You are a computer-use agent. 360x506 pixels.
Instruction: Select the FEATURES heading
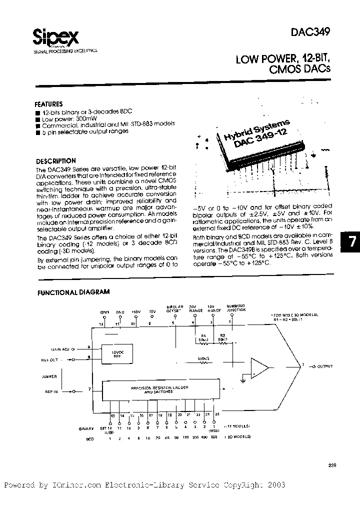click(48, 104)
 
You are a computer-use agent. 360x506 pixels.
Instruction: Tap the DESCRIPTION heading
click(56, 161)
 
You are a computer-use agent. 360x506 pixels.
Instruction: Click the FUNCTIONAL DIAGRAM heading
click(73, 292)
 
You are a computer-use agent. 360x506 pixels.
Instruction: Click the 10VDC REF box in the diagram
click(115, 353)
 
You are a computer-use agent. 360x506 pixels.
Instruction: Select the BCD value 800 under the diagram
click(214, 438)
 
